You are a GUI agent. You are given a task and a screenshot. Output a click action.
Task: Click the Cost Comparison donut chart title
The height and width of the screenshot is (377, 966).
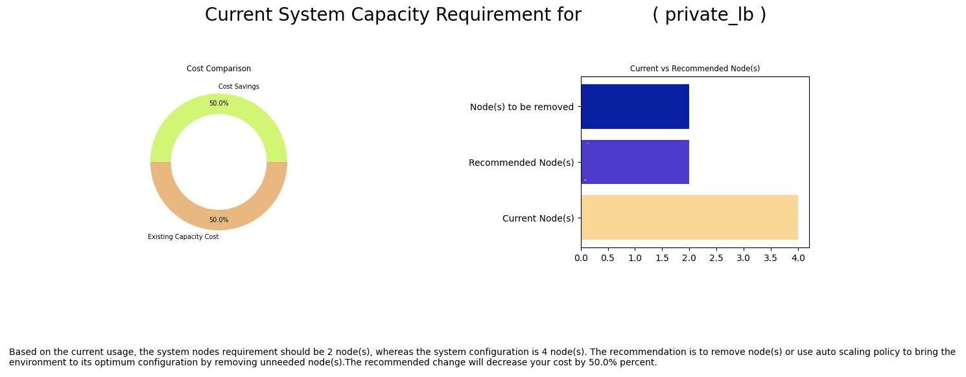(x=218, y=69)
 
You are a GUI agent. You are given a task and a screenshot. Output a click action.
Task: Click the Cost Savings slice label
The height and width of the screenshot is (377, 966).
(x=239, y=87)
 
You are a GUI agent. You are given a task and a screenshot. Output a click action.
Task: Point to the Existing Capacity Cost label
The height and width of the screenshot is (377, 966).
(x=183, y=237)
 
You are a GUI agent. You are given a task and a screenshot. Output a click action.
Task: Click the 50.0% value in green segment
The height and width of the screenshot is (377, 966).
(x=218, y=104)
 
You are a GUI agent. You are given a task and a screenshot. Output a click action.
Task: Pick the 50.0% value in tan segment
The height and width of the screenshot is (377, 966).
(x=218, y=220)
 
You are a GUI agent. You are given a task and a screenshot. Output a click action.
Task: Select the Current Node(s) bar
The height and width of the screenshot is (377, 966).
(x=689, y=218)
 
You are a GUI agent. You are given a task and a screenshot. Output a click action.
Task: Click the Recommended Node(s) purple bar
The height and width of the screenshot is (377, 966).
(x=635, y=162)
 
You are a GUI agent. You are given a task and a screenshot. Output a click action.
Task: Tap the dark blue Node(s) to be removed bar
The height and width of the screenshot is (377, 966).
(x=635, y=106)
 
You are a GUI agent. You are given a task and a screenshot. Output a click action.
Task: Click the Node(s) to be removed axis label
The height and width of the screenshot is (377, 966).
(x=521, y=107)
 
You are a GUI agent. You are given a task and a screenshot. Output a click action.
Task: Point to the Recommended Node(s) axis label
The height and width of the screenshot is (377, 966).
(x=521, y=163)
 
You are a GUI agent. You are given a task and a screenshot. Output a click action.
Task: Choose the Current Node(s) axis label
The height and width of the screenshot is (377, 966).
(x=538, y=218)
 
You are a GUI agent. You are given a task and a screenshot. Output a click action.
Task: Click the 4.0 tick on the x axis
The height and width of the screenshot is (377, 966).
(x=797, y=258)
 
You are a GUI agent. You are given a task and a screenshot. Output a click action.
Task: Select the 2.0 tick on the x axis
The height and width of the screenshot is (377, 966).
(x=689, y=258)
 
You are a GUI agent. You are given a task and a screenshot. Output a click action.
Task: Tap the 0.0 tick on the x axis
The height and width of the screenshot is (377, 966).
(x=581, y=258)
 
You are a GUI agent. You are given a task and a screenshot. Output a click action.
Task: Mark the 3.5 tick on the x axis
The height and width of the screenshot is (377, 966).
(x=770, y=258)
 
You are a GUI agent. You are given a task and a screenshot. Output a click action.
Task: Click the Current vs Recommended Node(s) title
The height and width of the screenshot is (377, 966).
(x=694, y=68)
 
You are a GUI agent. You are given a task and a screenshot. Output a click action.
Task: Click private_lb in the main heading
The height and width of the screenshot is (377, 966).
(x=709, y=16)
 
